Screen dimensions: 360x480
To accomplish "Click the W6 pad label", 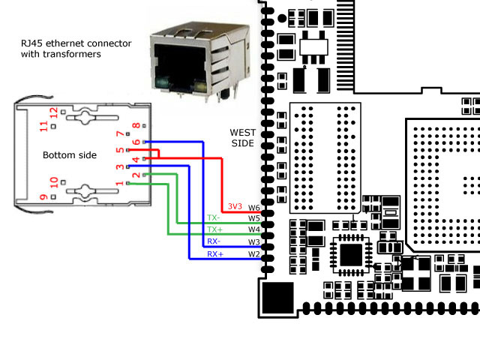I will (253, 207).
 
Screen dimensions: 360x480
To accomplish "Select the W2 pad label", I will (253, 254).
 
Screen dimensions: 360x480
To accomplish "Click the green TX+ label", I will (214, 229).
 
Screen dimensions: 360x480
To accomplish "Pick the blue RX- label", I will (214, 241).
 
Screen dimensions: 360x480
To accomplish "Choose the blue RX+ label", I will (214, 254).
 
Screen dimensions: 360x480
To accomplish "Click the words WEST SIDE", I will (241, 137).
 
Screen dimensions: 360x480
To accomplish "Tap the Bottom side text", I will (70, 154).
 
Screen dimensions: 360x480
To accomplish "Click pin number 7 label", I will (118, 134).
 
